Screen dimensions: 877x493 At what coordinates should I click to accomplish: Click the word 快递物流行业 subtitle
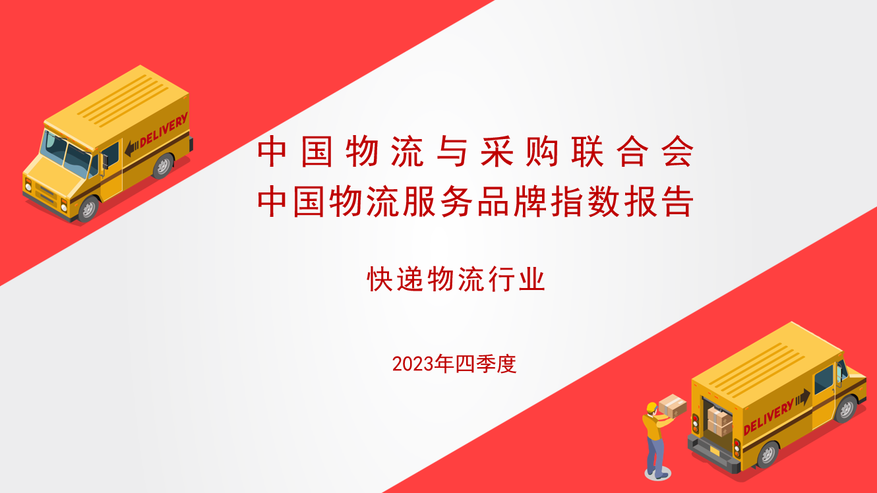click(456, 279)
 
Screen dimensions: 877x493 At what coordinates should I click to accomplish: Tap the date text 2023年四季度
click(454, 364)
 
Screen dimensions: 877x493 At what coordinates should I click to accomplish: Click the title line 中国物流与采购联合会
click(475, 152)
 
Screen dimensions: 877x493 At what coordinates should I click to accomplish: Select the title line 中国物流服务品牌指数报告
click(475, 202)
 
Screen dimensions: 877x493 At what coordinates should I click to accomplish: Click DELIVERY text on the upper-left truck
click(164, 130)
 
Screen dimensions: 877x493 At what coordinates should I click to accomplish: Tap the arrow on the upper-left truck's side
click(132, 149)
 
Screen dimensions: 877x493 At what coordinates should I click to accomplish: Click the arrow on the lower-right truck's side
click(802, 398)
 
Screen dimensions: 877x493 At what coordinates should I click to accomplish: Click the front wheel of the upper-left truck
click(88, 210)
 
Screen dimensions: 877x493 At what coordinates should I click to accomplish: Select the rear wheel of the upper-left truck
click(163, 166)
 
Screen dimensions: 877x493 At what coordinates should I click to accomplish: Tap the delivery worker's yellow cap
click(651, 407)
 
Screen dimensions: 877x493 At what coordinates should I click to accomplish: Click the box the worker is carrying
click(673, 406)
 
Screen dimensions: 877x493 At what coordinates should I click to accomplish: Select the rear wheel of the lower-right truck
click(768, 455)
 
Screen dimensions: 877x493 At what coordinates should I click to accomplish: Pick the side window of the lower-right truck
click(824, 380)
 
